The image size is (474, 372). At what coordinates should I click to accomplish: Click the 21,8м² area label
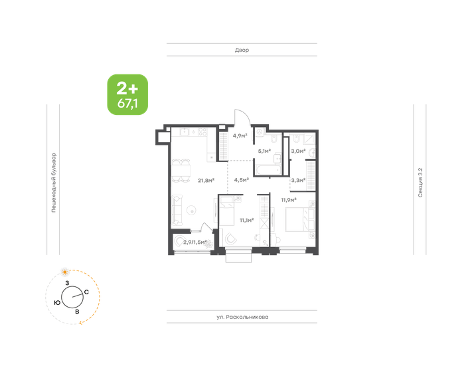click(206, 181)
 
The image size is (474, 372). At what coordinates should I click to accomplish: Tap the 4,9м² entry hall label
click(240, 136)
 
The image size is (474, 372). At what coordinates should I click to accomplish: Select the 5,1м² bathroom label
click(264, 151)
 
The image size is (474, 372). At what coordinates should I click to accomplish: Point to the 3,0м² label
click(298, 151)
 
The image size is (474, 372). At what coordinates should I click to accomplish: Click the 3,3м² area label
click(298, 181)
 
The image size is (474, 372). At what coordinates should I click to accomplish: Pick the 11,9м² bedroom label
click(289, 200)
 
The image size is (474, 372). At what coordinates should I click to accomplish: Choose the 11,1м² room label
click(246, 220)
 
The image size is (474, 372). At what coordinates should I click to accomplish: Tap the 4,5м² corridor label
click(241, 180)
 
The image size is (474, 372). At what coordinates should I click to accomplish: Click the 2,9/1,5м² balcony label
click(195, 242)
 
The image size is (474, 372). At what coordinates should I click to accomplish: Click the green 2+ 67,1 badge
click(127, 95)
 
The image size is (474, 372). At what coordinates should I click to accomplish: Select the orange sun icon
click(64, 272)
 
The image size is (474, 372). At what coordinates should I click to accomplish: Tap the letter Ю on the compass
click(57, 303)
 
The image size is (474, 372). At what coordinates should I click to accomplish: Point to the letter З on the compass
click(67, 283)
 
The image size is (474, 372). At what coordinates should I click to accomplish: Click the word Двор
click(242, 50)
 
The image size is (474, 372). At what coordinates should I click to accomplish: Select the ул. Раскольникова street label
click(242, 317)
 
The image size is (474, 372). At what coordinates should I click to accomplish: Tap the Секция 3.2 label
click(420, 183)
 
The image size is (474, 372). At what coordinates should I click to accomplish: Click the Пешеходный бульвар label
click(54, 183)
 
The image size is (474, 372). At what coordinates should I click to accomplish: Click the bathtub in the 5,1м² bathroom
click(268, 170)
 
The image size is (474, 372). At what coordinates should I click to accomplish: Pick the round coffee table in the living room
click(191, 210)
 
